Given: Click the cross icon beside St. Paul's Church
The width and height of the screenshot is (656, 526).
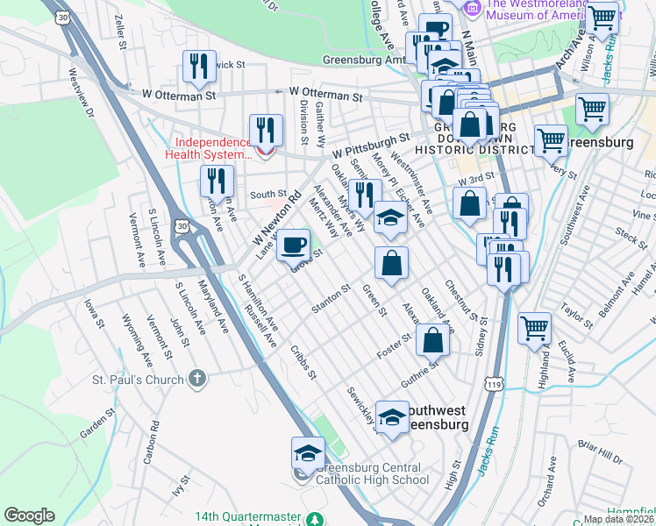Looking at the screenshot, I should (198, 379).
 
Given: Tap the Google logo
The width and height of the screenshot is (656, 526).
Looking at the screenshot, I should (29, 515).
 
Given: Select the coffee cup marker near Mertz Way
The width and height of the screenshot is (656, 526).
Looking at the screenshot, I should (293, 245).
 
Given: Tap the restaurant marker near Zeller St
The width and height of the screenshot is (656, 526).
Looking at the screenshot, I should (199, 66).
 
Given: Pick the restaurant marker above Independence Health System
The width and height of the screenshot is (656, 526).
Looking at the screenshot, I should (265, 131).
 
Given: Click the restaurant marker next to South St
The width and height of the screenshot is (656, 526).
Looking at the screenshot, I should (216, 181).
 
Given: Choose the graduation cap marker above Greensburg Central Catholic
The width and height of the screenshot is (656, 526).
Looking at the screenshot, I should (308, 453).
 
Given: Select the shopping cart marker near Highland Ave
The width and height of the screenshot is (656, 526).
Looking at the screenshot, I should (533, 329).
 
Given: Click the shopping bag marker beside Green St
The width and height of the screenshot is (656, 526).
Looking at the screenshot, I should (391, 262).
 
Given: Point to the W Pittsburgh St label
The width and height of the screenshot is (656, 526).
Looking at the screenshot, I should (371, 145).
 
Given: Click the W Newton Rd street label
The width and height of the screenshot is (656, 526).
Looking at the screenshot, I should (277, 218).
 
